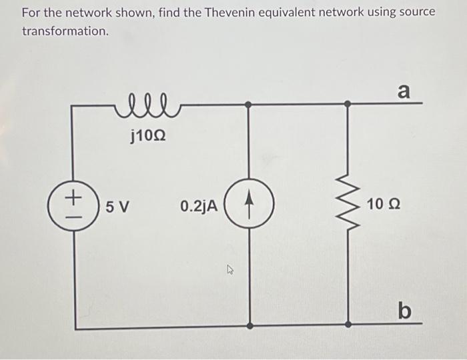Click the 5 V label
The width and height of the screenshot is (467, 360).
pos(117,206)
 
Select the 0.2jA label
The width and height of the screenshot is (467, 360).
pos(198,206)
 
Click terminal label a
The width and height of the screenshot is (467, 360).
pos(404,91)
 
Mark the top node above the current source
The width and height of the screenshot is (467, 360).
pos(248,105)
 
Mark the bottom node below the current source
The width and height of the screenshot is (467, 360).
pos(248,326)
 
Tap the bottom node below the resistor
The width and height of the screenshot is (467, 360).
pos(347,326)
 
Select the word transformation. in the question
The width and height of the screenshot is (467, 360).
pos(65,31)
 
